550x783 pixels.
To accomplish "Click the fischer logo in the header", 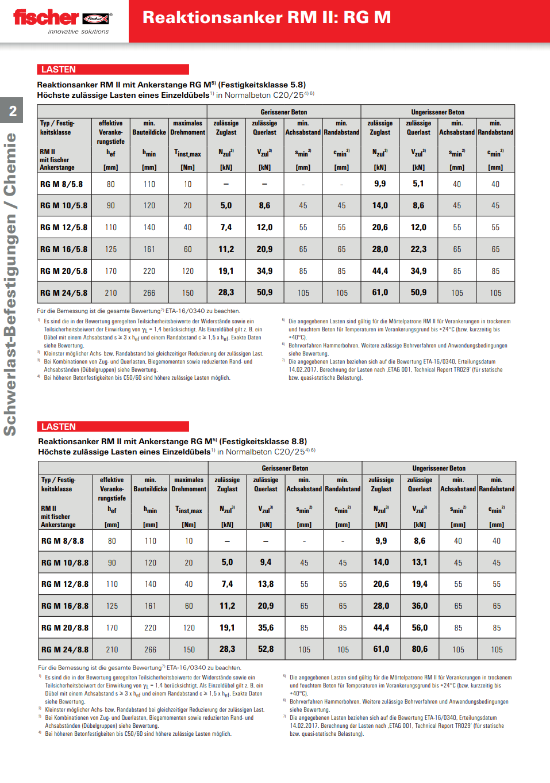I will (62, 21).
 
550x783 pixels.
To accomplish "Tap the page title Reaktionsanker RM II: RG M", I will (267, 18).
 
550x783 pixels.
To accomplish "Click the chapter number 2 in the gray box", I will (13, 110).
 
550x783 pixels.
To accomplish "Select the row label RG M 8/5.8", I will (61, 184).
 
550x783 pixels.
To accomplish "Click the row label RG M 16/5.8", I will (64, 249).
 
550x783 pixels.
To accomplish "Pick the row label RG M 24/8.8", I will (65, 650).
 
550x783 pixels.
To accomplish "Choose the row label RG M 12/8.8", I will (65, 584).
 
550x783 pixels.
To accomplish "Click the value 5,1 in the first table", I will (418, 184).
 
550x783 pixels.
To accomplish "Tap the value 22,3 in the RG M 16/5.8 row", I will (418, 249).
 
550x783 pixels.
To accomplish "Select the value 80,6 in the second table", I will (420, 649).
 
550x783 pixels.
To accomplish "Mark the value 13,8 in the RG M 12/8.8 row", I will (266, 584).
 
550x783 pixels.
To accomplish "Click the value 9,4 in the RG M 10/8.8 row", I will (266, 562).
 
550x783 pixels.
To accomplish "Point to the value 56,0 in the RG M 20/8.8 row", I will (420, 628).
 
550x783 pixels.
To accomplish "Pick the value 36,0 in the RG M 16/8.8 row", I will (420, 606).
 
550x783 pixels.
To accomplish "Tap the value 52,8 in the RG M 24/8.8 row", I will (266, 649).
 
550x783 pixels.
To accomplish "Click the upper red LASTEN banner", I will (113, 70).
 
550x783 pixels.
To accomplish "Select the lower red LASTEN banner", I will (113, 426).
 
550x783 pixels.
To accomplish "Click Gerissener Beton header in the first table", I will (284, 112).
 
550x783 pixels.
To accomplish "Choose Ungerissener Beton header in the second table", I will (439, 468).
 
